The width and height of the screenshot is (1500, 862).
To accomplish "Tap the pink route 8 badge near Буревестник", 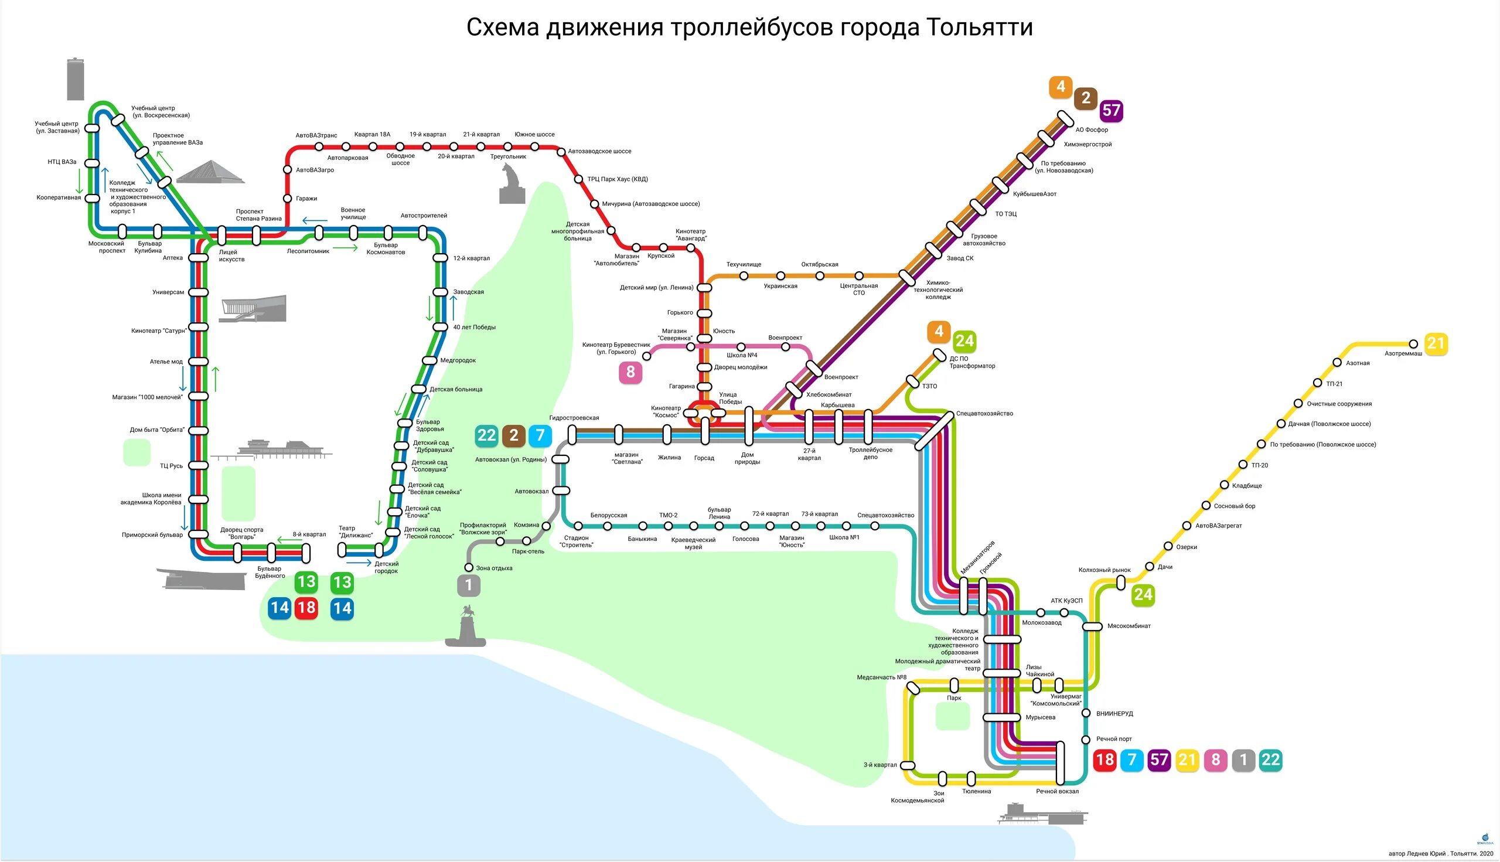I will [630, 372].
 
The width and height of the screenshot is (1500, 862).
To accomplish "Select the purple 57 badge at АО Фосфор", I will [1111, 111].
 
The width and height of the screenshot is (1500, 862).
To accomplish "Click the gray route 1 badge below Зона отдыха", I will [468, 585].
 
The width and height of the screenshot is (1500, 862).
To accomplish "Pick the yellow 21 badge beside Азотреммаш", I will [1436, 344].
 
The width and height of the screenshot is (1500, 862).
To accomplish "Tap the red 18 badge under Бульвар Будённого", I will [306, 608].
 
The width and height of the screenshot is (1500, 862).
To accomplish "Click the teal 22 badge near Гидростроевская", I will [486, 436].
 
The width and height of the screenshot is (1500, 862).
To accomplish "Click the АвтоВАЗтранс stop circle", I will [319, 146].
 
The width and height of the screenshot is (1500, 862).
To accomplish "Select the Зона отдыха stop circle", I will [469, 568].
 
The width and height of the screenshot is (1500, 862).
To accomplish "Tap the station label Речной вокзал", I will [1057, 792].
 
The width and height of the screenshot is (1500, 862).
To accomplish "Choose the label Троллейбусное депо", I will [870, 454].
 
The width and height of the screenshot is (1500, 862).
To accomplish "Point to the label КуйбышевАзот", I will [1034, 194].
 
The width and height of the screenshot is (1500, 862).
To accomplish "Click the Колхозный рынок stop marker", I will [1120, 582].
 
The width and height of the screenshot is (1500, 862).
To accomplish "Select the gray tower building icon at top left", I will [75, 79].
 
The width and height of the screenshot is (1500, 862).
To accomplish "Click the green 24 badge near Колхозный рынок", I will [1143, 595].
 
